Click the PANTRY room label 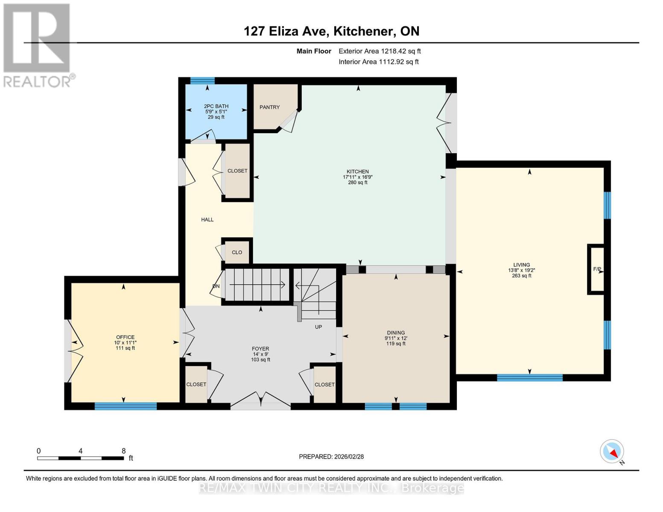[x=269, y=107]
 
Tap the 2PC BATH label [x=216, y=106]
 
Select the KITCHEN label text [x=357, y=172]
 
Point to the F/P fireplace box [x=596, y=269]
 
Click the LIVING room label [x=521, y=265]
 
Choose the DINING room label [x=396, y=333]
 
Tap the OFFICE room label [x=125, y=337]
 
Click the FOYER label [x=260, y=349]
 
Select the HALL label [x=207, y=220]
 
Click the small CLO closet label [x=237, y=252]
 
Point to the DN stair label [x=216, y=286]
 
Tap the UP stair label [x=318, y=327]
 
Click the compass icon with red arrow [x=612, y=452]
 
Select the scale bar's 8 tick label [x=123, y=451]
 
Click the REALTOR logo [x=38, y=45]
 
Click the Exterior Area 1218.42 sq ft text [x=380, y=51]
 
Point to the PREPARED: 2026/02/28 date [x=331, y=457]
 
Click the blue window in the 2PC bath [x=202, y=81]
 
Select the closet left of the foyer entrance [x=196, y=384]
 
